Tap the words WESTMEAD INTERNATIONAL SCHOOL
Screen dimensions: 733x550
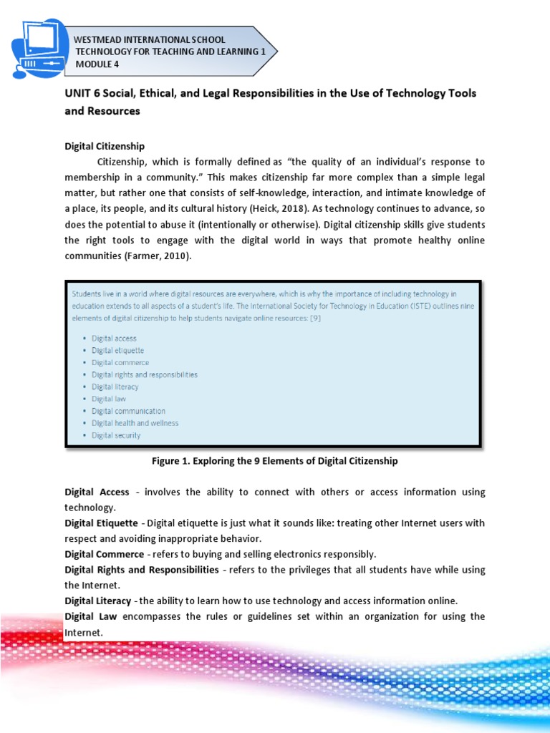tap(150, 39)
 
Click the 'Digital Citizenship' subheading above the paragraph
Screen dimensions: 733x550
tap(105, 146)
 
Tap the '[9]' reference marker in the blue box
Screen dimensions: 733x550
tap(314, 319)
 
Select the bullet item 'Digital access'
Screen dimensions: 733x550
tap(114, 339)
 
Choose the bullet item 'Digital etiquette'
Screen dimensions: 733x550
tap(117, 351)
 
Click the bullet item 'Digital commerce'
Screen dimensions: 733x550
tap(120, 363)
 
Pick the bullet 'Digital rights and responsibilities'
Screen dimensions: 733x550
tap(144, 374)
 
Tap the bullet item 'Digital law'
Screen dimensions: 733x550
tap(110, 399)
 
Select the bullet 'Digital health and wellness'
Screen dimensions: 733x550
tap(135, 423)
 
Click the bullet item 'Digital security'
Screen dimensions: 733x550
tap(116, 435)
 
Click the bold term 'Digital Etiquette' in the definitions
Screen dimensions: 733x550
tap(102, 523)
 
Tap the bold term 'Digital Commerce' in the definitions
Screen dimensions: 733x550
tap(104, 554)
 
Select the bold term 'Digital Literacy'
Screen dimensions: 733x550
tap(98, 601)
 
